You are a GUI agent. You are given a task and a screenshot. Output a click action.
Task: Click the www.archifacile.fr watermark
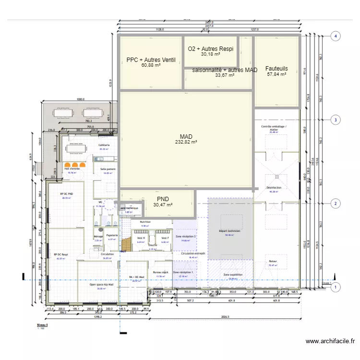[330, 341]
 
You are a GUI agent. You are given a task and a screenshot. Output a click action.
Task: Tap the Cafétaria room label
[104, 145]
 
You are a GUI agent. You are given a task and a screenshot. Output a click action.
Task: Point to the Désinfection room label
[274, 188]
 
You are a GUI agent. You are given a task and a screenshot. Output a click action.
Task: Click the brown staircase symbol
[126, 239]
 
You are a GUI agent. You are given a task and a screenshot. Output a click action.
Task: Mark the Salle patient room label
[107, 169]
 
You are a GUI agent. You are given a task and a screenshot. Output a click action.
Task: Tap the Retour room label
[273, 262]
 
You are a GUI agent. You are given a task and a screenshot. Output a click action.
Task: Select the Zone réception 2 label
[185, 237]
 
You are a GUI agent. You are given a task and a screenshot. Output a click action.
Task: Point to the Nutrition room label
[145, 222]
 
